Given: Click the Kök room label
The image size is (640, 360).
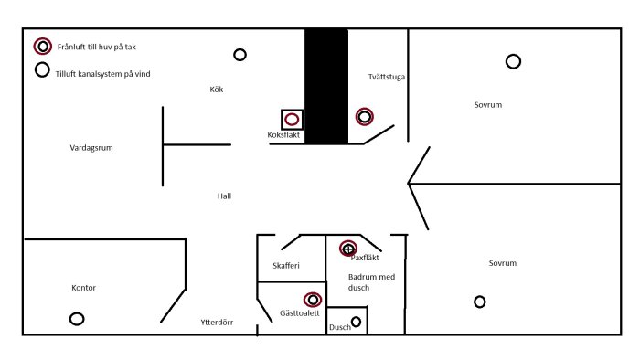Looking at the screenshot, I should point(217,90).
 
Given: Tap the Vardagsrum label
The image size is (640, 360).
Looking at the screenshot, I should point(91,147).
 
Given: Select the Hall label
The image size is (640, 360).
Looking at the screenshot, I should point(225,196).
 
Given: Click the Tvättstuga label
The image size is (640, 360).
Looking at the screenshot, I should point(387,78).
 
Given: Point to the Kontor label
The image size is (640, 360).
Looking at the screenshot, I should point(83,288).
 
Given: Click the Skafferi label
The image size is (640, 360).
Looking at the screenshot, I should point(286,266).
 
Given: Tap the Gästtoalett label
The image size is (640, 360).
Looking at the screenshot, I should point(299,313).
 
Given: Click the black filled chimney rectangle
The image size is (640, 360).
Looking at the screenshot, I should point(326,86).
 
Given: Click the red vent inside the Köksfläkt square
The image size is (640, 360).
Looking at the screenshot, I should point(292,119).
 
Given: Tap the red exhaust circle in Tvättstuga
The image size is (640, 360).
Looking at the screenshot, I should point(365,116).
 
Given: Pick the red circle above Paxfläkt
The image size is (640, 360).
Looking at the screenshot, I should point(347,248).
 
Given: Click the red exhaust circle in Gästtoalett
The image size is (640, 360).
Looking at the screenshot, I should point(313,299).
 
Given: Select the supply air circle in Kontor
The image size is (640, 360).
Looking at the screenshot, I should point(77,319).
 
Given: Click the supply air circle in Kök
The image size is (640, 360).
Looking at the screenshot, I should point(240,55).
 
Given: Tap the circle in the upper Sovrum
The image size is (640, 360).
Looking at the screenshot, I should point(513,61).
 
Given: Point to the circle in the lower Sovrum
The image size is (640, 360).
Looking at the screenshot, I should point(479,302).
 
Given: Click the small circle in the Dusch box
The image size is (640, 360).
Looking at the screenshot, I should point(356,321).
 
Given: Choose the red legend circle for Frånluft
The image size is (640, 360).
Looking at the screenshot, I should point(42,47).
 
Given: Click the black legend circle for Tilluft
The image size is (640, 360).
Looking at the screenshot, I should point(42,69).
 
